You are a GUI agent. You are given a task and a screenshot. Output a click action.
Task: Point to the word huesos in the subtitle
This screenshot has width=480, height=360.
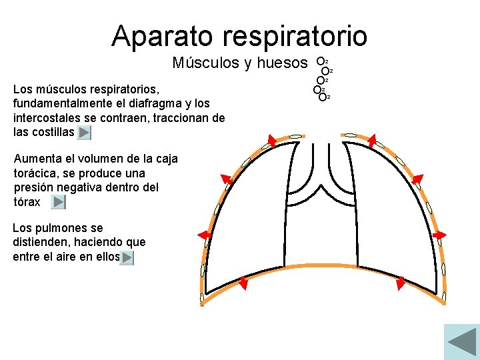click(283, 63)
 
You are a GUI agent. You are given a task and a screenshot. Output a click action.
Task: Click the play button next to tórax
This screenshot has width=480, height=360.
click(59, 202)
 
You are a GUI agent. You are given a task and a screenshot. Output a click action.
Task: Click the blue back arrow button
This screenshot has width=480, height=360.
click(461, 342)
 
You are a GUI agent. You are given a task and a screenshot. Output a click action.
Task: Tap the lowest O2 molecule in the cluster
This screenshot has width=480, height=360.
click(323, 97)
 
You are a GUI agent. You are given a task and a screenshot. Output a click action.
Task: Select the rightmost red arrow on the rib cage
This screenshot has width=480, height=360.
click(440, 235)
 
